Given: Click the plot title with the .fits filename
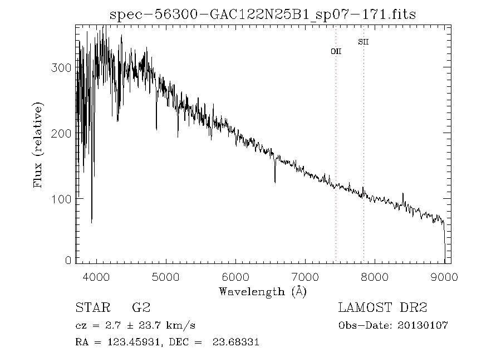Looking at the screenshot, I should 263,14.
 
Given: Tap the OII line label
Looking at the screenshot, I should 336,51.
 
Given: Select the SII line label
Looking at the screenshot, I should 364,42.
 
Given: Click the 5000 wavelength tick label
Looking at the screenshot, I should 166,277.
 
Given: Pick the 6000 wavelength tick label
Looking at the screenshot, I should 235,277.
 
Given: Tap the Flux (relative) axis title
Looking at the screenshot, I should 38,145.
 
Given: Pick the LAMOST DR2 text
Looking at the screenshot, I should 382,308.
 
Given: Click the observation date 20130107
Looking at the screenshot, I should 424,325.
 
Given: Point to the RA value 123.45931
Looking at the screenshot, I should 130,343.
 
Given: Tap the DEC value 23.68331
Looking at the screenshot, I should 236,343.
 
